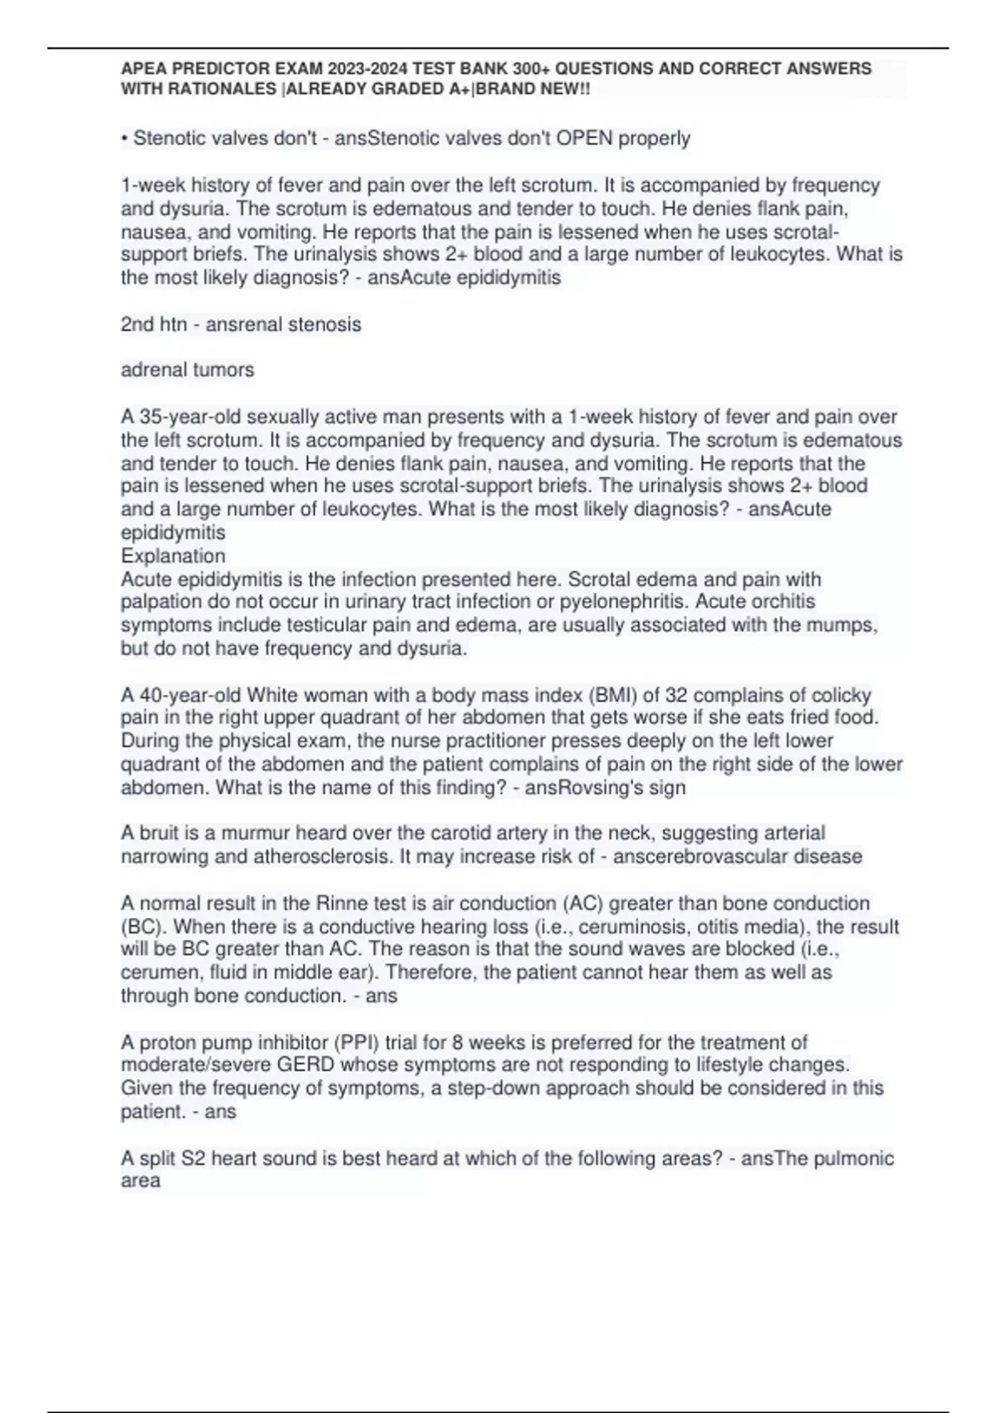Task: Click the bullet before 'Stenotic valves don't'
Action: point(125,138)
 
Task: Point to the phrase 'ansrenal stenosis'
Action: point(283,324)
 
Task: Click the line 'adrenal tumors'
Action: point(188,370)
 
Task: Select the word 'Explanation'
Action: point(173,556)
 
